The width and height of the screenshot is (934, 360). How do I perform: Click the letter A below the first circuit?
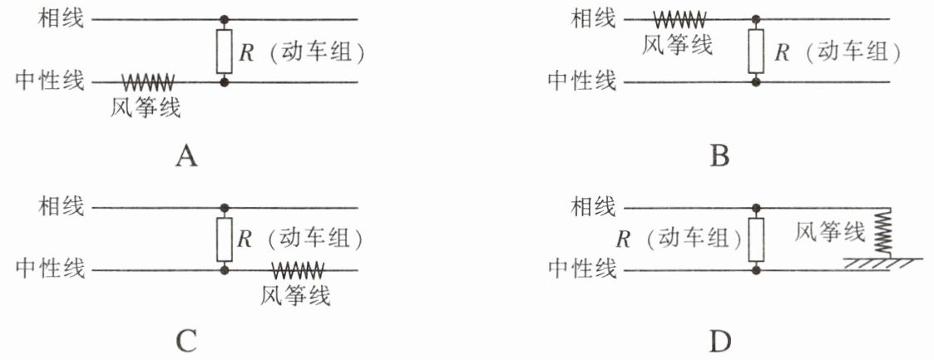186,156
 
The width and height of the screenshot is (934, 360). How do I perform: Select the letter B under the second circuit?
720,156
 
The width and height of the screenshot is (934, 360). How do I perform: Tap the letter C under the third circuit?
186,341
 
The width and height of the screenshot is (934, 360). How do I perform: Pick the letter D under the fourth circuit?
720,341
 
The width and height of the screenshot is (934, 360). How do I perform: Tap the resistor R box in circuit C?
224,239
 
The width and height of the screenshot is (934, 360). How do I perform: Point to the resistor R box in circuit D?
755,239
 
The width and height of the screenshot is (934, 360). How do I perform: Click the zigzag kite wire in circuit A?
148,82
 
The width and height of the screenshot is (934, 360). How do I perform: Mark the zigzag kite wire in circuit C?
297,270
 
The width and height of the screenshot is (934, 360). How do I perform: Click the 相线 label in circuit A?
62,18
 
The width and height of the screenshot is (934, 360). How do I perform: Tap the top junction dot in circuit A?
224,18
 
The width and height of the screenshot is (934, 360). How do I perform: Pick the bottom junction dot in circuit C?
224,270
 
